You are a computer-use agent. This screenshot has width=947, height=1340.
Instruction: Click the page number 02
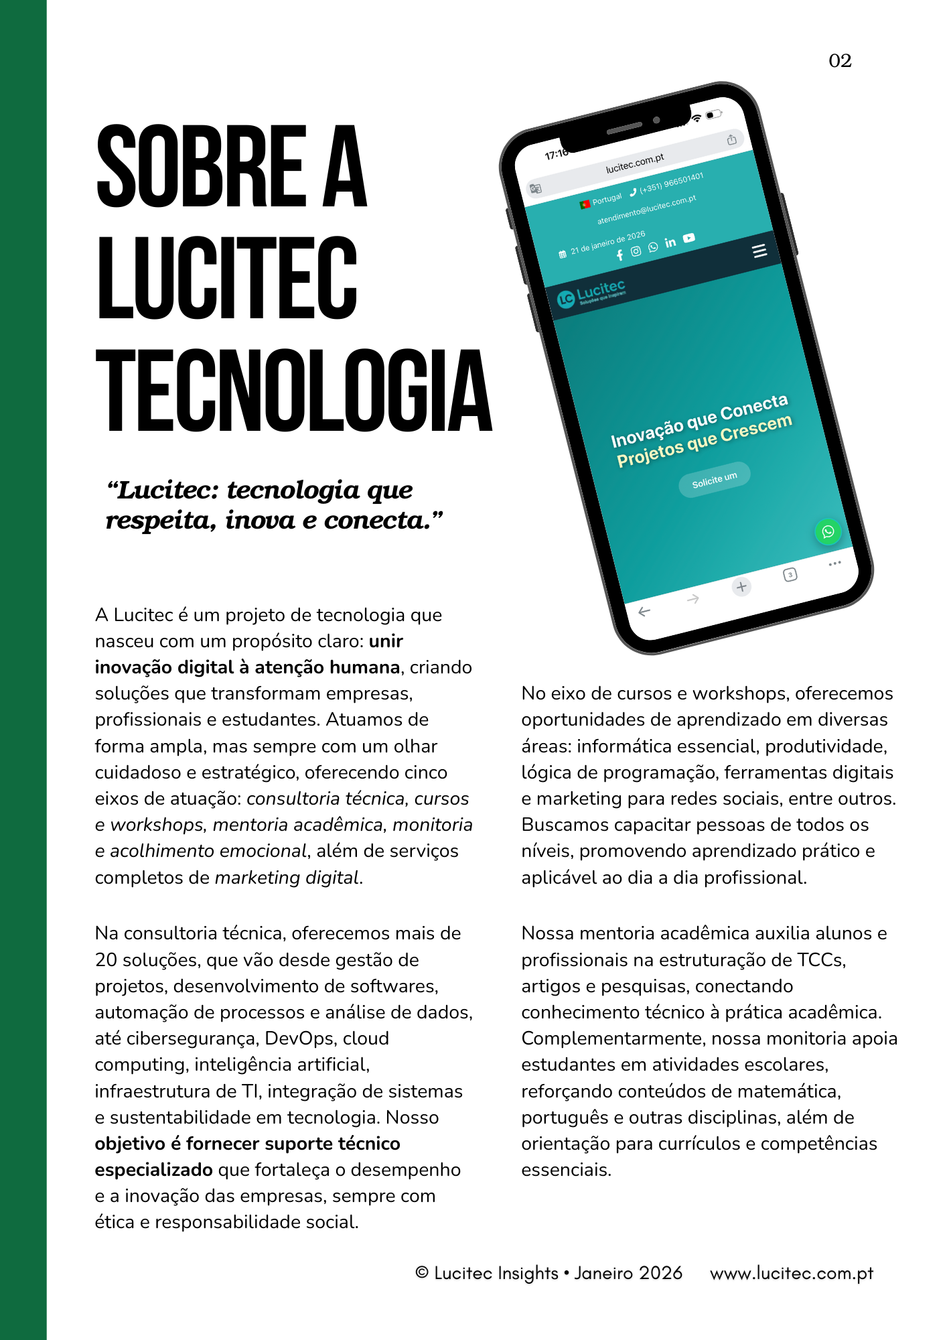[x=840, y=61]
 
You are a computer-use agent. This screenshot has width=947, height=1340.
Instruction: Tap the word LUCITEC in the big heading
[x=227, y=278]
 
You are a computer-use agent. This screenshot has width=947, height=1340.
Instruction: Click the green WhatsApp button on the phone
[x=828, y=531]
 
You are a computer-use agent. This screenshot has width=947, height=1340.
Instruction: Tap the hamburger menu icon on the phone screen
[x=759, y=251]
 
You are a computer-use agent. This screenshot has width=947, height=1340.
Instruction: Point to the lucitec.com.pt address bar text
[x=634, y=163]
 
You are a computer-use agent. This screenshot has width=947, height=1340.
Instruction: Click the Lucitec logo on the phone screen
[x=592, y=293]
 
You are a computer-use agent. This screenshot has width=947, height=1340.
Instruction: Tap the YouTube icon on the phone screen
[x=689, y=238]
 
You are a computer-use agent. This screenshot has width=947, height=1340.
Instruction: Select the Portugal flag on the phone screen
[x=585, y=204]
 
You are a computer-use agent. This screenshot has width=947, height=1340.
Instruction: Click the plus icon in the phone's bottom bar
[x=741, y=587]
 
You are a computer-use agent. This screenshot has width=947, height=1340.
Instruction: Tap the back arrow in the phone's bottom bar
[x=644, y=612]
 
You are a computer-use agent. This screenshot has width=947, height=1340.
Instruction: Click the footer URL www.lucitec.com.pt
[x=792, y=1273]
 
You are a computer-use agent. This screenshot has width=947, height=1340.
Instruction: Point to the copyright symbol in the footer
[x=422, y=1272]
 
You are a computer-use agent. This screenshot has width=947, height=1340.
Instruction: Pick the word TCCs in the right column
[x=820, y=960]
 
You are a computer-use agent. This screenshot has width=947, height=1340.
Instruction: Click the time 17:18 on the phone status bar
[x=555, y=155]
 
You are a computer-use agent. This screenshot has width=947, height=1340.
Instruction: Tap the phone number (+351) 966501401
[x=670, y=183]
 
